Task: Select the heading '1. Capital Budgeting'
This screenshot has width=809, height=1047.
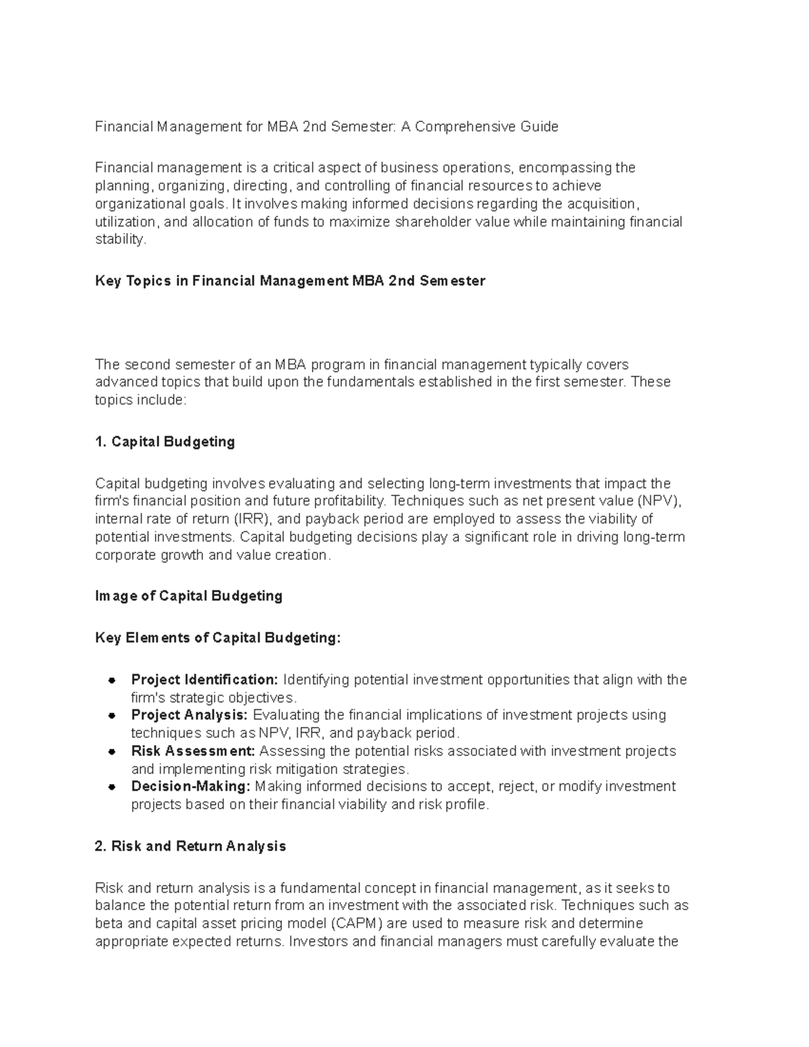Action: coord(165,442)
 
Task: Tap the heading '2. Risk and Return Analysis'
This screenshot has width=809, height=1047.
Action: coord(191,846)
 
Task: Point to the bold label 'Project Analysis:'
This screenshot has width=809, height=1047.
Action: coord(189,715)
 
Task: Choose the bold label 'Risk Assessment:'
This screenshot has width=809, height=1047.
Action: coord(193,751)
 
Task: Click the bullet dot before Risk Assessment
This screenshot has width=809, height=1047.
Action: coord(113,751)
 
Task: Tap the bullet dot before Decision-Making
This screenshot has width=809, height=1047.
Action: coord(113,787)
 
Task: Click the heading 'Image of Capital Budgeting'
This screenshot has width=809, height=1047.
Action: coord(189,596)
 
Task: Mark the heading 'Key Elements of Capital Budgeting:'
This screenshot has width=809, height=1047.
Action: coord(218,638)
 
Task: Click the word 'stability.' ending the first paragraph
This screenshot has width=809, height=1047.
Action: coord(121,239)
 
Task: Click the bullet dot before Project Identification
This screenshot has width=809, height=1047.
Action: coord(113,680)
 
